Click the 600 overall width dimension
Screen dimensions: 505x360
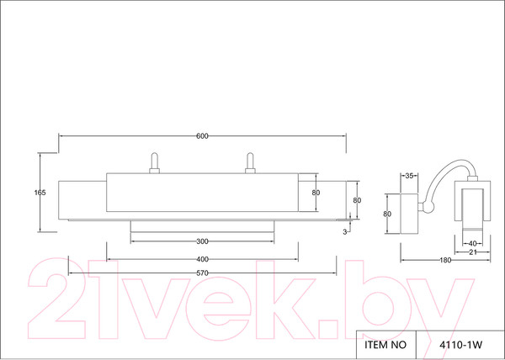pos(202,136)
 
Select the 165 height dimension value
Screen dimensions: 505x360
pos(40,193)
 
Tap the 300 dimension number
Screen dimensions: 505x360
pos(202,241)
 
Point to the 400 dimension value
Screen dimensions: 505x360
pos(202,259)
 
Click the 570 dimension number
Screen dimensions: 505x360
pos(202,273)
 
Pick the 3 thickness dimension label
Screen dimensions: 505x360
pos(344,232)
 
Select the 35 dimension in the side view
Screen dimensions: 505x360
pos(409,176)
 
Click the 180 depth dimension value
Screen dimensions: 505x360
pos(445,260)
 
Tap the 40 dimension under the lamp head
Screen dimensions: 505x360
pos(472,244)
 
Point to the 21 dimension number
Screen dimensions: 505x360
pos(472,252)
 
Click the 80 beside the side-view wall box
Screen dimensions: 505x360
pos(387,214)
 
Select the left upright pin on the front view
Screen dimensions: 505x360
pos(155,163)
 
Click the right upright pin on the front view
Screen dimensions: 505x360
pos(250,163)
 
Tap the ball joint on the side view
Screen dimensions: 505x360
pos(428,207)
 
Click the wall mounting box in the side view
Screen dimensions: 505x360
pos(409,214)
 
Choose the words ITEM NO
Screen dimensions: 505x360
pos(385,345)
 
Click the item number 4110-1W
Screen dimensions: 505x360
pos(461,345)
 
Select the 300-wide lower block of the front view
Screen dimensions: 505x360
pos(202,226)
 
